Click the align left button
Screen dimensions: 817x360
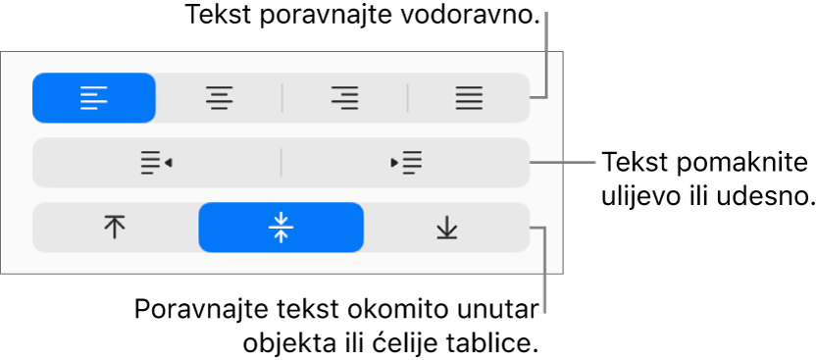point(94,98)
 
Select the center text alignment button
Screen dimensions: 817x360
point(219,98)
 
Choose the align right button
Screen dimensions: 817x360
point(344,98)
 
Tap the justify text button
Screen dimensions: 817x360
point(469,98)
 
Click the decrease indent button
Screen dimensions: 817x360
point(156,163)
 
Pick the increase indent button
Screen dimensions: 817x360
point(406,163)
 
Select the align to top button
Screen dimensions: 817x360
point(115,228)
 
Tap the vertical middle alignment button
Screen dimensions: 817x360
point(281,228)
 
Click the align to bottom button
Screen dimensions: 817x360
point(446,228)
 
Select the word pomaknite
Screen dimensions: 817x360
point(745,164)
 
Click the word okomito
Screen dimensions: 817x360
point(381,311)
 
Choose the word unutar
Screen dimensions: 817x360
point(490,311)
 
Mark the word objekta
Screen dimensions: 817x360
point(282,344)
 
